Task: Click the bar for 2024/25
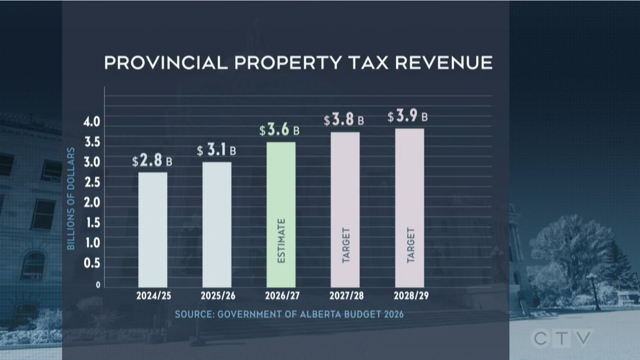click(x=153, y=230)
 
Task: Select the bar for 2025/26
click(x=217, y=225)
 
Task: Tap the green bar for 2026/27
click(x=281, y=215)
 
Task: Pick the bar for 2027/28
click(x=345, y=209)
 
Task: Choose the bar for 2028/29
click(x=409, y=208)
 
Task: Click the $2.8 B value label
click(x=152, y=161)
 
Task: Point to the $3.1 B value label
click(x=216, y=151)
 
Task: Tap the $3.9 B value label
click(x=408, y=117)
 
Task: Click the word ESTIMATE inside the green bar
click(x=281, y=241)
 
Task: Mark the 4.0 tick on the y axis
click(x=92, y=123)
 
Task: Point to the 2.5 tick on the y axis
click(x=92, y=183)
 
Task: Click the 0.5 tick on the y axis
click(x=92, y=264)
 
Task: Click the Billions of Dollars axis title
click(x=71, y=199)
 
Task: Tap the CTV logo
click(x=562, y=339)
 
